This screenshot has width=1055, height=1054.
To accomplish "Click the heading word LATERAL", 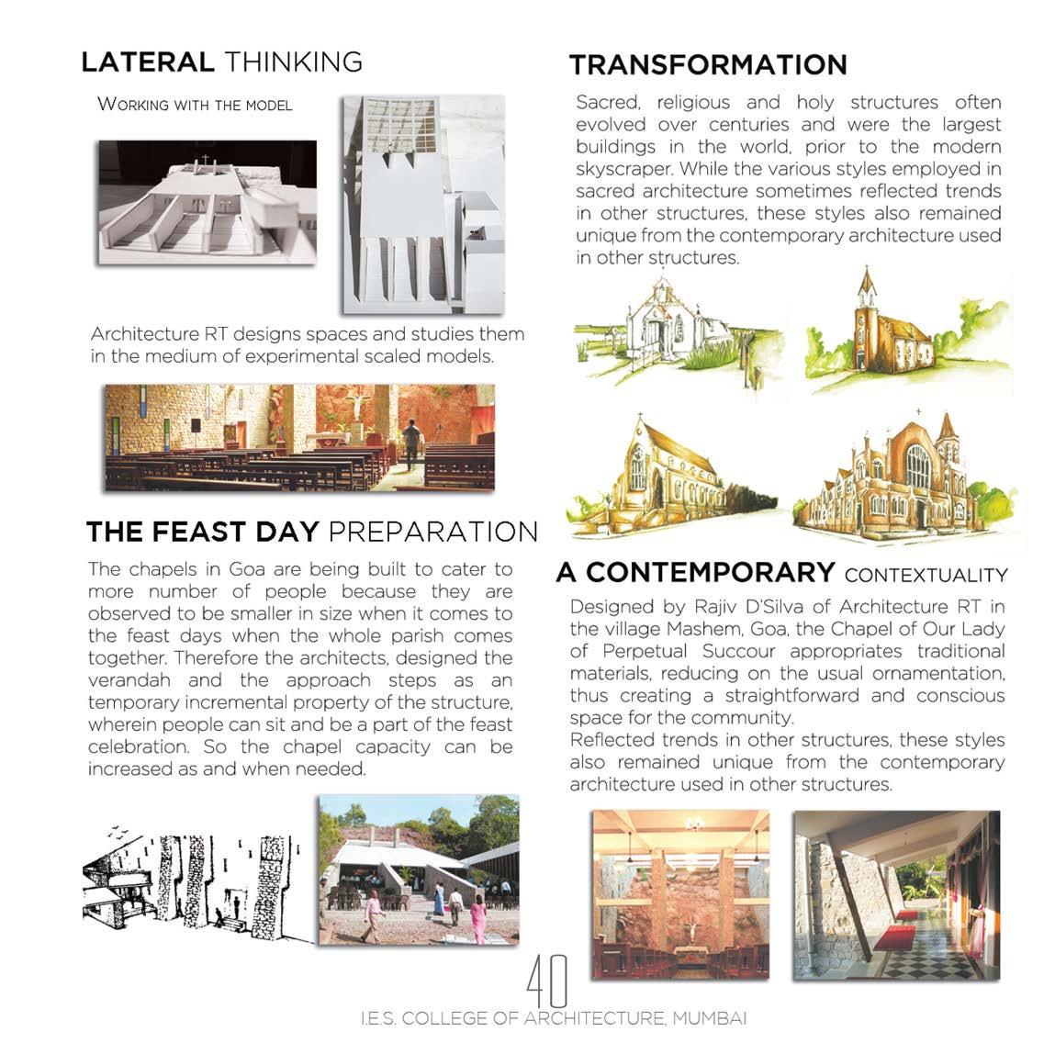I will pyautogui.click(x=147, y=62).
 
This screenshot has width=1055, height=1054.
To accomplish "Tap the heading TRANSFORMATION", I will pyautogui.click(x=707, y=65).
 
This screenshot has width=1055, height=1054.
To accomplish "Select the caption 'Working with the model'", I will pyautogui.click(x=195, y=105).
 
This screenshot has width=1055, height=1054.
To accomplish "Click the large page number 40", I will pyautogui.click(x=547, y=980).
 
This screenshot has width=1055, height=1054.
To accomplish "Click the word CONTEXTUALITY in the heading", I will pyautogui.click(x=926, y=576).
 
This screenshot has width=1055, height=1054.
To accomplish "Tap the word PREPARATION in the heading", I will pyautogui.click(x=432, y=532).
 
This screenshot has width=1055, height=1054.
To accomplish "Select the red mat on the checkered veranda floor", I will pyautogui.click(x=893, y=938).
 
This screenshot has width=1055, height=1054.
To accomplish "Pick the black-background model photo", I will pyautogui.click(x=208, y=203).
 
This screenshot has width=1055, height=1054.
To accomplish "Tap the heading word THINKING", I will pyautogui.click(x=293, y=62).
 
